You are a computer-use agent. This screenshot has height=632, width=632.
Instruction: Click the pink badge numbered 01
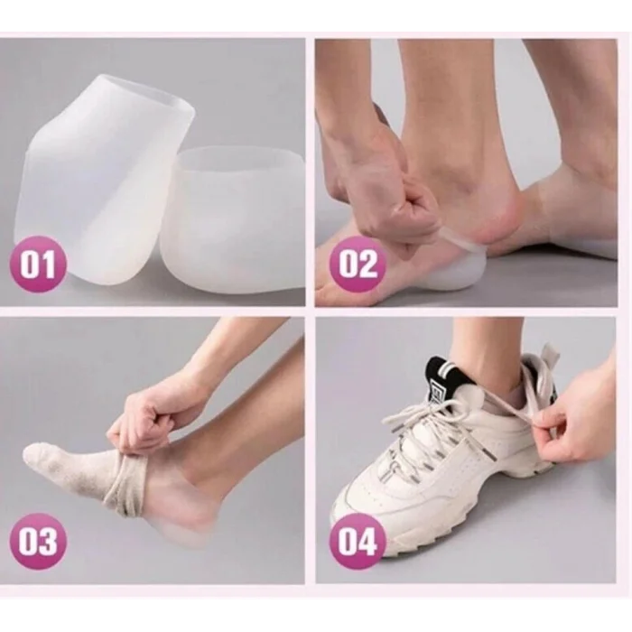tap(37, 265)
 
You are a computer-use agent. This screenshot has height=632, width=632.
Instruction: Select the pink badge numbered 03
tap(37, 541)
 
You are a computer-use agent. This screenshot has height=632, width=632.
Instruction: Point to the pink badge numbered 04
tap(357, 541)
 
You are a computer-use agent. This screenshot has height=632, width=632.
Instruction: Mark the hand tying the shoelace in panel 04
tap(581, 435)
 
